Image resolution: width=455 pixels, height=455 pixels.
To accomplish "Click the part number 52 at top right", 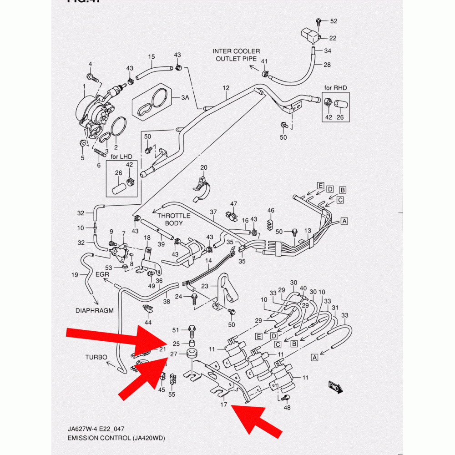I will [x=334, y=21].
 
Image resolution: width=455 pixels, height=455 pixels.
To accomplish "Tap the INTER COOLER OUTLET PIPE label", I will [x=236, y=55].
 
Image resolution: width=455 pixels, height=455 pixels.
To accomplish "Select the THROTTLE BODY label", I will [x=174, y=220].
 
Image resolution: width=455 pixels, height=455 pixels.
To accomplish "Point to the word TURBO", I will [x=96, y=357].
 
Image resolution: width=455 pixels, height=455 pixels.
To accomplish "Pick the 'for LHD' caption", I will [x=120, y=157].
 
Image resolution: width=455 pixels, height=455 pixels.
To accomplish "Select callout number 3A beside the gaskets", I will [x=185, y=98].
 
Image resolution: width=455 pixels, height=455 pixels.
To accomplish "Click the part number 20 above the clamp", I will [x=203, y=167].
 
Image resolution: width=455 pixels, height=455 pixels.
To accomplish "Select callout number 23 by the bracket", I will [x=205, y=286].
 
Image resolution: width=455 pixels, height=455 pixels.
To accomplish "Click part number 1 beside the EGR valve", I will [x=84, y=86].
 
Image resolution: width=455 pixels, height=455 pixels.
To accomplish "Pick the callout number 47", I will [x=234, y=203].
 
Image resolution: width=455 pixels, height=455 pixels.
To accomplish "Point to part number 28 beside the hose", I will [x=327, y=65].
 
